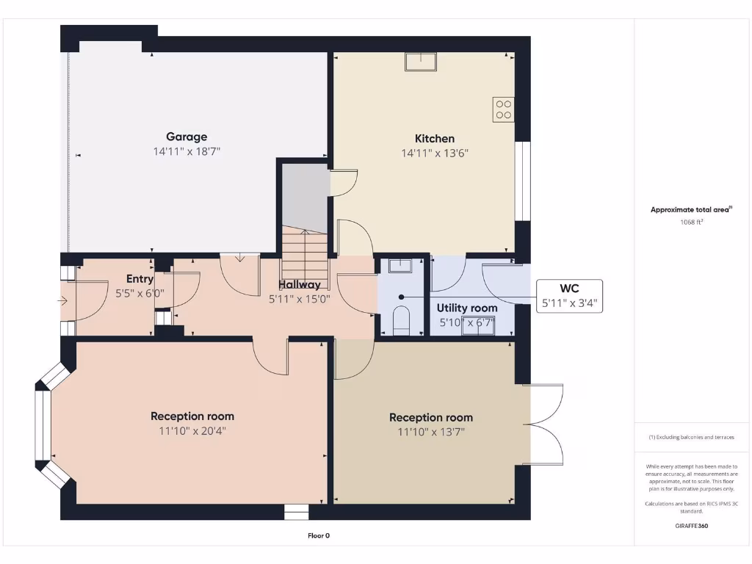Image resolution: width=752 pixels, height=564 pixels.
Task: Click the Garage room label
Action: pyautogui.click(x=187, y=137)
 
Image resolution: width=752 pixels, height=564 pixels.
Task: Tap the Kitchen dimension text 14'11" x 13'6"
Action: pyautogui.click(x=435, y=153)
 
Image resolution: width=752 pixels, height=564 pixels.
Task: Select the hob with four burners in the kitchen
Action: pyautogui.click(x=504, y=109)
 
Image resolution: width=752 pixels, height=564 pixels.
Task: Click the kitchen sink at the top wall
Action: pyautogui.click(x=420, y=62)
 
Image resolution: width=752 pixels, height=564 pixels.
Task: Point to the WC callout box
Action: pyautogui.click(x=570, y=296)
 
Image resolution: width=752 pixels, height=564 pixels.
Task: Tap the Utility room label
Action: pyautogui.click(x=467, y=308)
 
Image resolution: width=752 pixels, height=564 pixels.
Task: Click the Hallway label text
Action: pyautogui.click(x=300, y=284)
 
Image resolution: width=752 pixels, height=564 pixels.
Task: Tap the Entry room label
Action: pyautogui.click(x=140, y=279)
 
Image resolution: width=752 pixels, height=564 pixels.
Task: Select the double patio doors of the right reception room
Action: pyautogui.click(x=545, y=424)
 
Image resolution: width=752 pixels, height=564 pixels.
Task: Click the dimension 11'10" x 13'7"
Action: pyautogui.click(x=431, y=433)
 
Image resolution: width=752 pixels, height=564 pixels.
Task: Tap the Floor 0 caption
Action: pyautogui.click(x=319, y=535)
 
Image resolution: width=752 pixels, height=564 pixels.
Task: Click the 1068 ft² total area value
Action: pyautogui.click(x=691, y=221)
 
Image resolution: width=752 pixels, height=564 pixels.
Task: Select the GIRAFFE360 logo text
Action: pyautogui.click(x=691, y=526)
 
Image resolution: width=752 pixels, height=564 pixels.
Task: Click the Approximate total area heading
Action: pyautogui.click(x=691, y=209)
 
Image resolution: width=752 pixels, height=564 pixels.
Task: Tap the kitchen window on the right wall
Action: pyautogui.click(x=522, y=181)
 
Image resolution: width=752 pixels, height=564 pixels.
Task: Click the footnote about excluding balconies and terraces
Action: pyautogui.click(x=691, y=437)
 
